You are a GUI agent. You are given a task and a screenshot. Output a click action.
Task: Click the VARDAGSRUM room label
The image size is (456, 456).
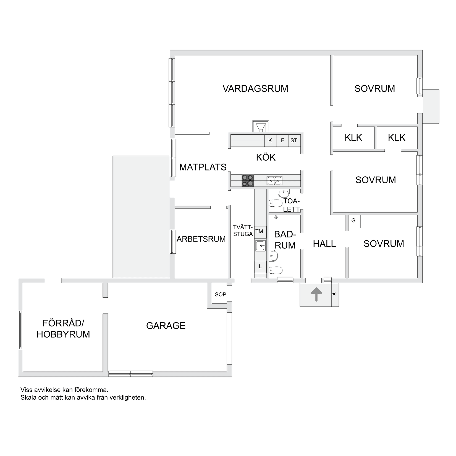255,89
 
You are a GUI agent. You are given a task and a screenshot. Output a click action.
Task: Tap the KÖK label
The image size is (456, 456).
266,157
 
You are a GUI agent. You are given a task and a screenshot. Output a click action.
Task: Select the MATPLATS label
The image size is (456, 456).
203,167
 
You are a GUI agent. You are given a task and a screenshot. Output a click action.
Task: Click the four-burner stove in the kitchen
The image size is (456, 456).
248,181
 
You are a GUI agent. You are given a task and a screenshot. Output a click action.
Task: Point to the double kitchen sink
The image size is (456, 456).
274,181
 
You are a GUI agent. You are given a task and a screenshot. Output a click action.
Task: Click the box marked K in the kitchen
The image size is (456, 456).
270,141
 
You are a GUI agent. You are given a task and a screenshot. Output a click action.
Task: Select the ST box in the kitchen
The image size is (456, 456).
294,141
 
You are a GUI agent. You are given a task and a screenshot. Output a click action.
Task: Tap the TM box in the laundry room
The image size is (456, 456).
259,232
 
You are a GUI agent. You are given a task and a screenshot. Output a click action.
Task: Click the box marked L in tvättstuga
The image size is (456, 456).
260,267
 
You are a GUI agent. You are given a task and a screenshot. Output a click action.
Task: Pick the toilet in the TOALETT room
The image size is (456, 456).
275,203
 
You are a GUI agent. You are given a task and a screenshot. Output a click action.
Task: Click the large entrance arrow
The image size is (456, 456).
316,294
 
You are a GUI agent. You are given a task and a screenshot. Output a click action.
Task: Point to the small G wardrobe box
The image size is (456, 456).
353,221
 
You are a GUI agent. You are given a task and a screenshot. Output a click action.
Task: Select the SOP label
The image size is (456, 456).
221,295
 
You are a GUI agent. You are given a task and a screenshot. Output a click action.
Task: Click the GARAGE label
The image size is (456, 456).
166,326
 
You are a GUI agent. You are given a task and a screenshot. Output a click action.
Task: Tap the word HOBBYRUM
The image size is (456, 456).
63,334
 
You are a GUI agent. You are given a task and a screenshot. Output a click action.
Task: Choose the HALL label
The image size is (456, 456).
324,244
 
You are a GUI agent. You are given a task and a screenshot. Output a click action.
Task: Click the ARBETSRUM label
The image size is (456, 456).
201,239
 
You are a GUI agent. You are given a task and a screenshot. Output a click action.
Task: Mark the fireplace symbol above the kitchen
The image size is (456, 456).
261,127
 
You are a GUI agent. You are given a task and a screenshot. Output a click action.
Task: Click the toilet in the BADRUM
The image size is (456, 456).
275,270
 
